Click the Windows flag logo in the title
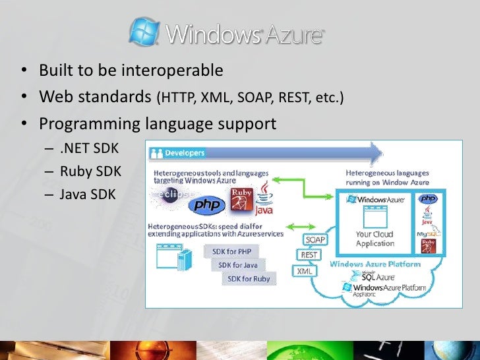[144, 31]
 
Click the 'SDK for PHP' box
[231, 251]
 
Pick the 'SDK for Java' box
[239, 265]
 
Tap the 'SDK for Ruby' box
[249, 278]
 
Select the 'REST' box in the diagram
[309, 255]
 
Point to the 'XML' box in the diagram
[304, 270]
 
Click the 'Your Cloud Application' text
[375, 239]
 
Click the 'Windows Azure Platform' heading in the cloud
[375, 264]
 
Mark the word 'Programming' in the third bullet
[85, 124]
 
